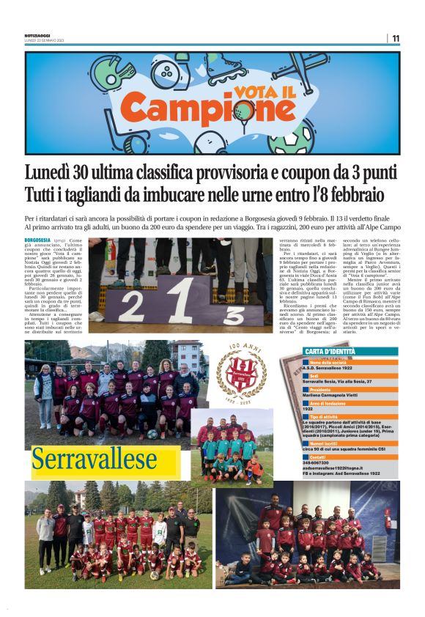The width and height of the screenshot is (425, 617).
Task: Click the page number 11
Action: (396, 38)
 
